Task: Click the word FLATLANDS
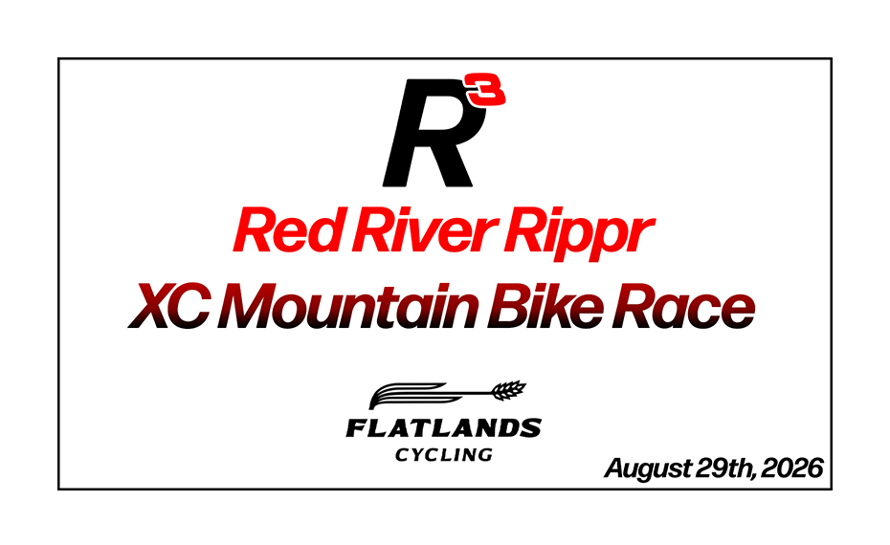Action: (443, 428)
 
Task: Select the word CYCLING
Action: (444, 454)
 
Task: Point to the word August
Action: (645, 469)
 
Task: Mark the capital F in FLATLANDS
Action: (356, 428)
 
